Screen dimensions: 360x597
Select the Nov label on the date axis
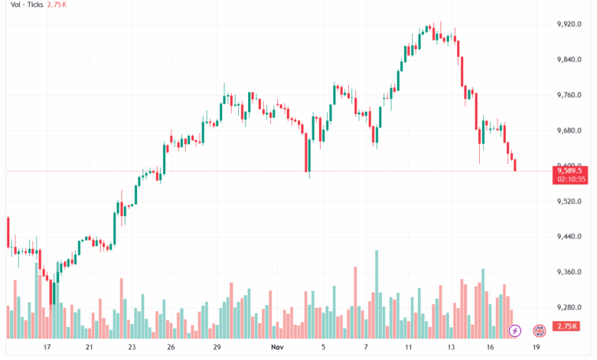click(279, 346)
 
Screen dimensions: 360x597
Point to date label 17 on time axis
click(47, 346)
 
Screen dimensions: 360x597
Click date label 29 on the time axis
click(217, 346)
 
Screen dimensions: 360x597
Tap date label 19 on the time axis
click(536, 346)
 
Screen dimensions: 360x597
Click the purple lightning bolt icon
click(515, 330)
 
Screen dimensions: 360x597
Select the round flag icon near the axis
click(540, 330)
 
